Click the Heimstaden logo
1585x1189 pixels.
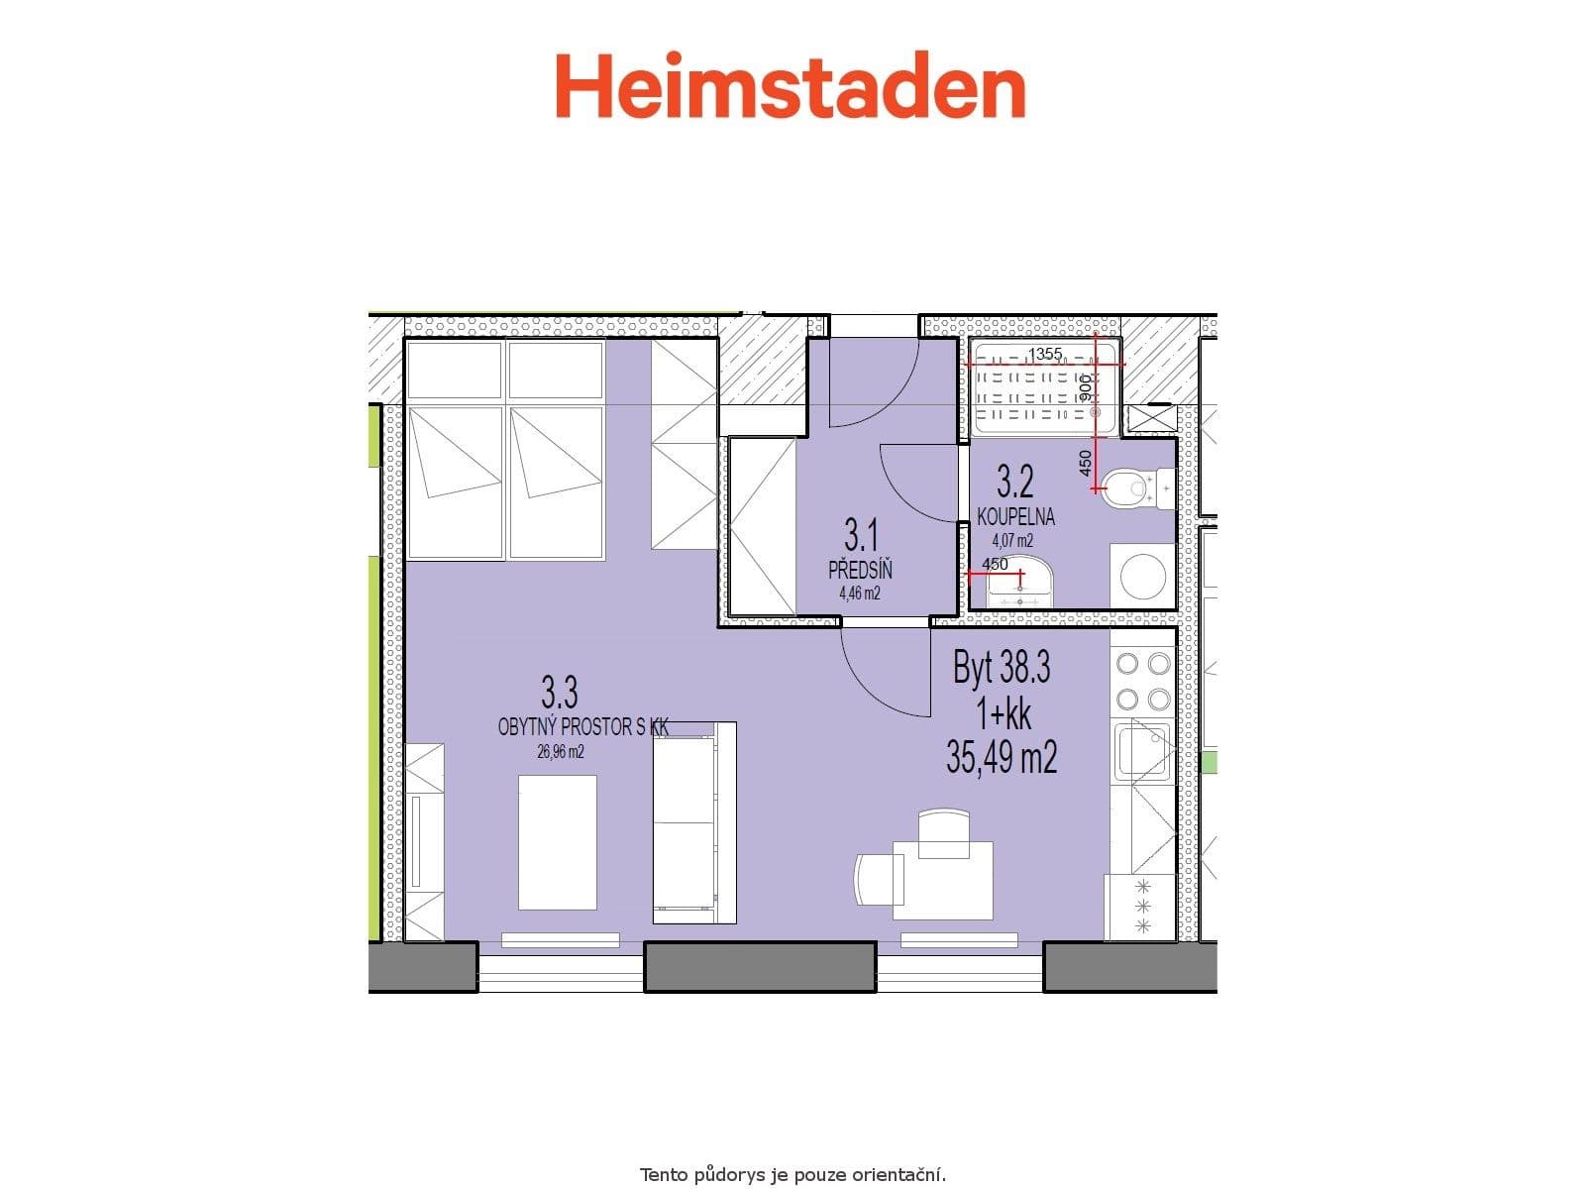[x=790, y=87]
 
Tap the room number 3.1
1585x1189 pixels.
[x=861, y=536]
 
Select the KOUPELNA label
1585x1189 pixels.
[x=1015, y=517]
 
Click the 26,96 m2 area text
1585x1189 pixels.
[x=561, y=752]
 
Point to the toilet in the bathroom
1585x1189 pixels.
[x=1130, y=487]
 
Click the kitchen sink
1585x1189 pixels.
[x=1141, y=750]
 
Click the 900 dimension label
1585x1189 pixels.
[x=1085, y=387]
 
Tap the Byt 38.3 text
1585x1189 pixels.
[x=1002, y=669]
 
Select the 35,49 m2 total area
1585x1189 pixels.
[x=1002, y=759]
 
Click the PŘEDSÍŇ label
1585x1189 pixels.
[x=861, y=571]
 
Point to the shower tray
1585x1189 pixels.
[x=1044, y=388]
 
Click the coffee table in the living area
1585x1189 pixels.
[x=558, y=842]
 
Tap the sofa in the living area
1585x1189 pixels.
[x=693, y=822]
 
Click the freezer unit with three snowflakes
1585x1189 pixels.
[x=1141, y=907]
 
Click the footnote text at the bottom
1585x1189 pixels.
[x=792, y=1176]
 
